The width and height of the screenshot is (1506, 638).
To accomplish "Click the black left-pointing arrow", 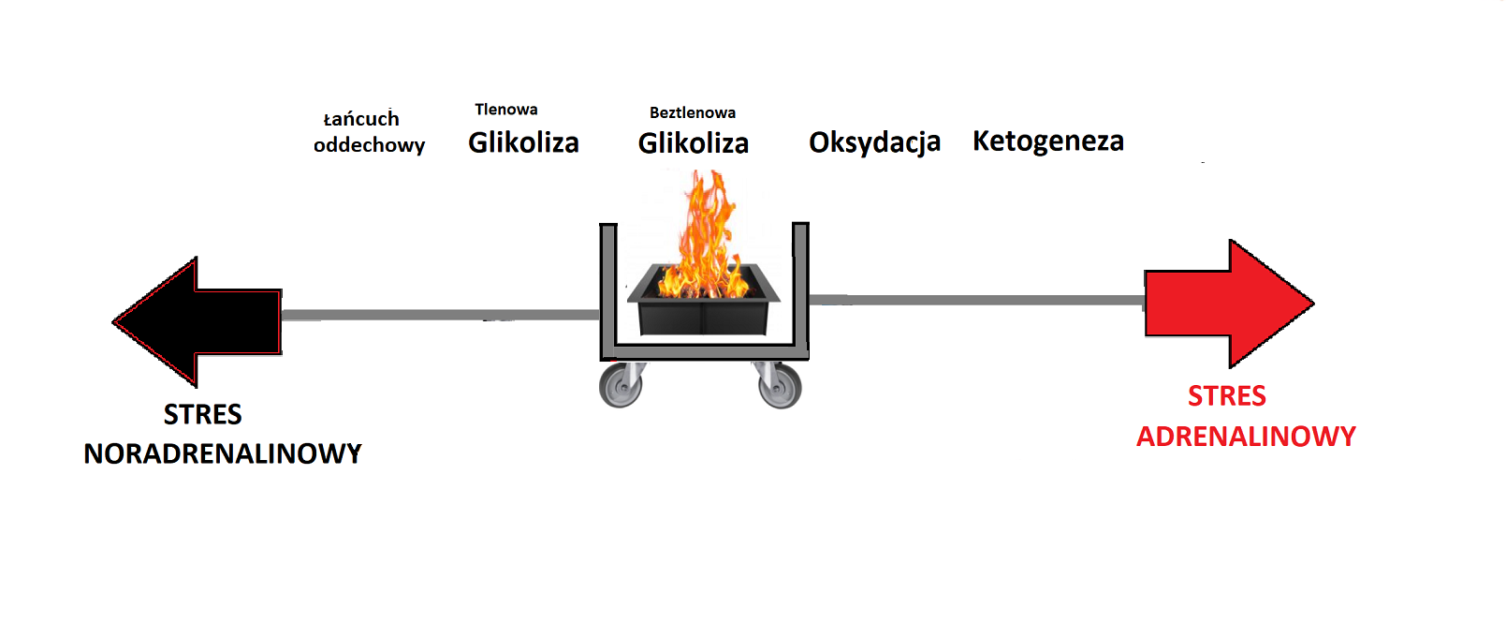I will point(206,321).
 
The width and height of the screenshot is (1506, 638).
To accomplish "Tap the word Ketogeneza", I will point(1048,141).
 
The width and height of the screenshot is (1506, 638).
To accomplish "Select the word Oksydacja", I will point(874,142).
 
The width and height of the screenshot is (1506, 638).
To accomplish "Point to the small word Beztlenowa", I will point(693,112).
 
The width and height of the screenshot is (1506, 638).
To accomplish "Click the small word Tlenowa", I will point(505,110).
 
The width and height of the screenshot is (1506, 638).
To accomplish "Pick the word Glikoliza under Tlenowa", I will point(523,142).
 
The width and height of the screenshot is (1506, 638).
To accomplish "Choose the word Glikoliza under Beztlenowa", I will point(694,143).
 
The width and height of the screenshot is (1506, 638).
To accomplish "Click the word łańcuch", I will point(361,119).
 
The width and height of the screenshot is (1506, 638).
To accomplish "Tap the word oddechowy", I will point(369,145).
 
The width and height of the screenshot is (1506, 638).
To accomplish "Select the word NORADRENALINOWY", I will point(223,453).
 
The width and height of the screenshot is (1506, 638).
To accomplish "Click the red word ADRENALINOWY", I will point(1246,437).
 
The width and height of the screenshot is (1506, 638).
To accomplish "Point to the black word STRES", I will point(202,414).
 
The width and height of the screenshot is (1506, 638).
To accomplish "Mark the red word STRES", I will point(1226,396).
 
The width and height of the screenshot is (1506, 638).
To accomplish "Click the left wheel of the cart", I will point(621,385).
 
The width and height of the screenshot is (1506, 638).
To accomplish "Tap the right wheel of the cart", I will point(780,385).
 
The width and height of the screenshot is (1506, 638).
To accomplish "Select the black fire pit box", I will point(704,309).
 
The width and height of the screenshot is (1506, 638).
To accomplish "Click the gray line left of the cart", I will point(440,315).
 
